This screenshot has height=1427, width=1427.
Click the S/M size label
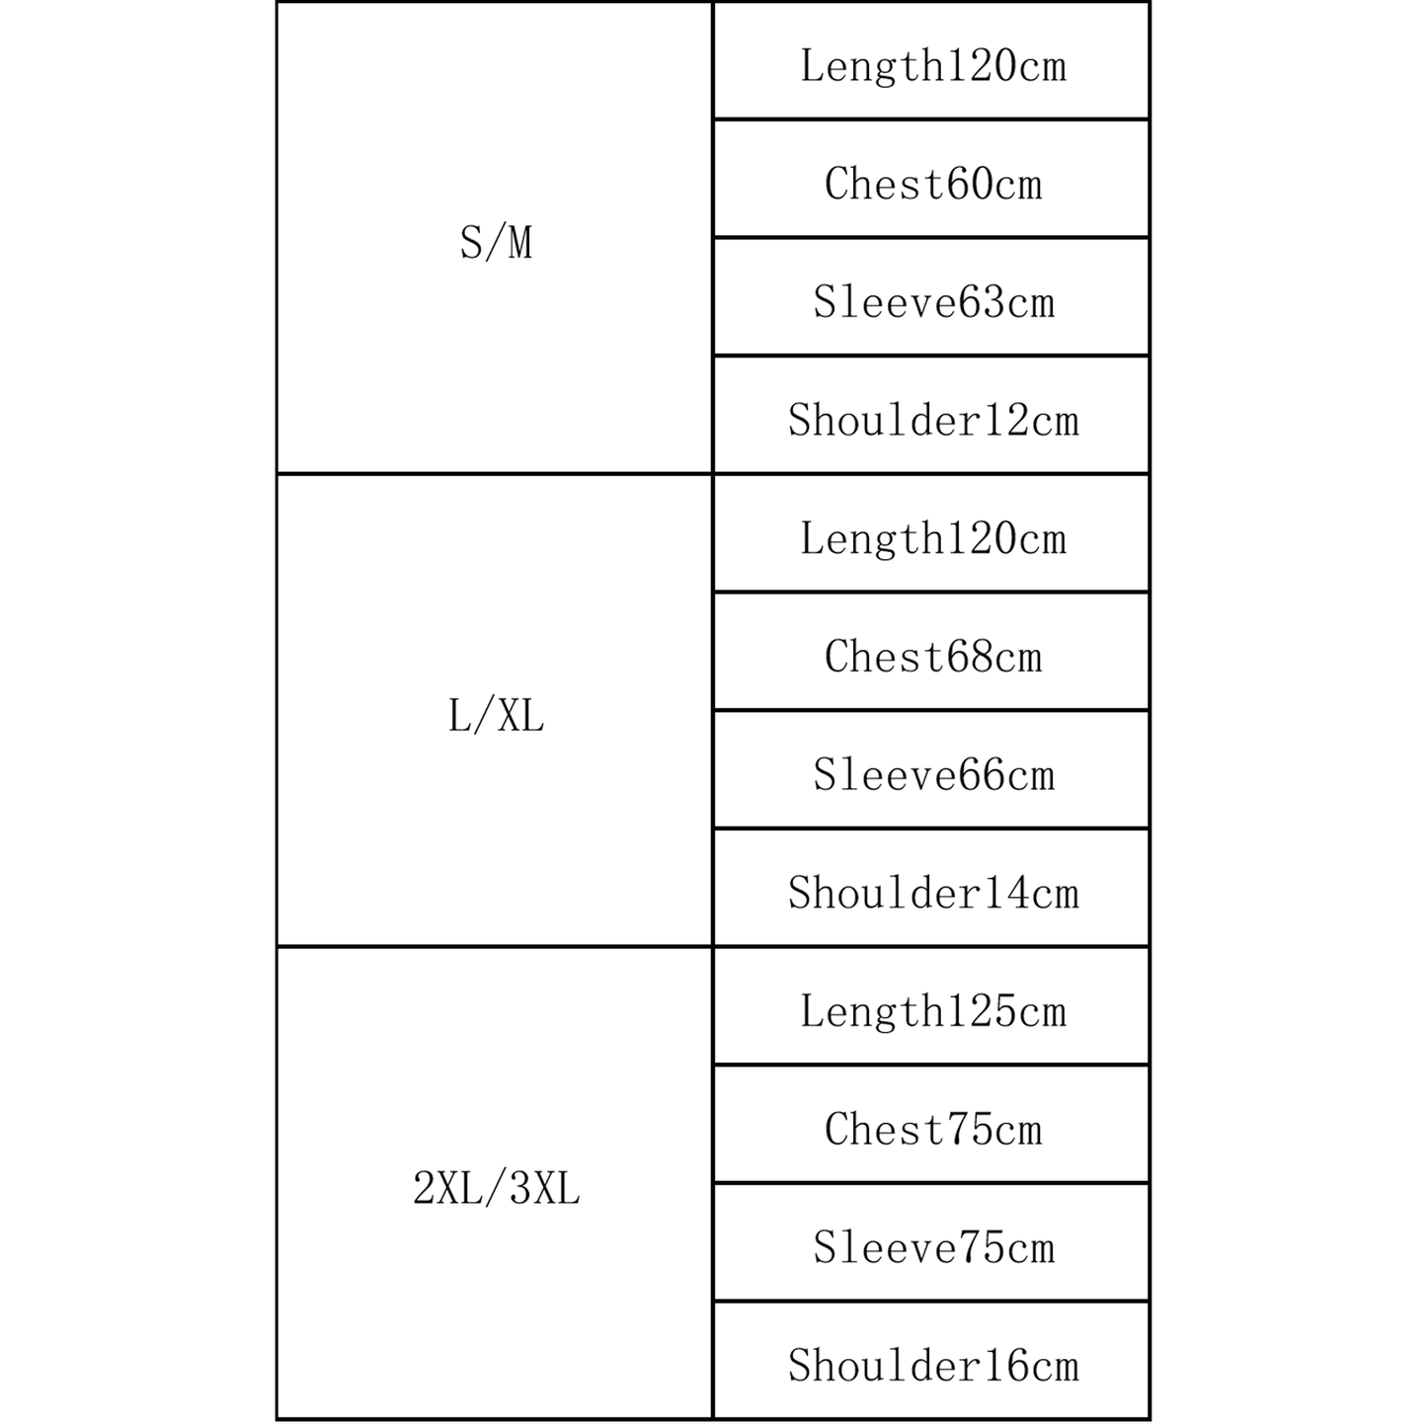click(496, 242)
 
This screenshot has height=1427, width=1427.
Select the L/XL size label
click(496, 715)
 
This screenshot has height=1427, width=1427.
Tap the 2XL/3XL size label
click(496, 1189)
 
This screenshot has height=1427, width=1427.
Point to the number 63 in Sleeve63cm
click(982, 302)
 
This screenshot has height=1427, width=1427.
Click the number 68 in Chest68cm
click(970, 657)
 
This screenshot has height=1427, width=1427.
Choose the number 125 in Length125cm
click(982, 1011)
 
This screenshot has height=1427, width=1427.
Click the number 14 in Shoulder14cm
click(1005, 893)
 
